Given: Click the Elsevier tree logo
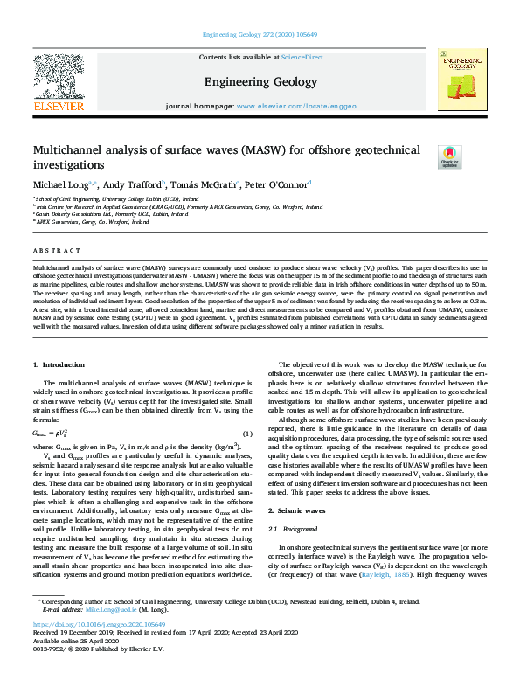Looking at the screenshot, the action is pyautogui.click(x=58, y=86).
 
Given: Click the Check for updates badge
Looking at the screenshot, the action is pyautogui.click(x=449, y=156).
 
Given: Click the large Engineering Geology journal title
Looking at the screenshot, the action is pyautogui.click(x=260, y=81).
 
